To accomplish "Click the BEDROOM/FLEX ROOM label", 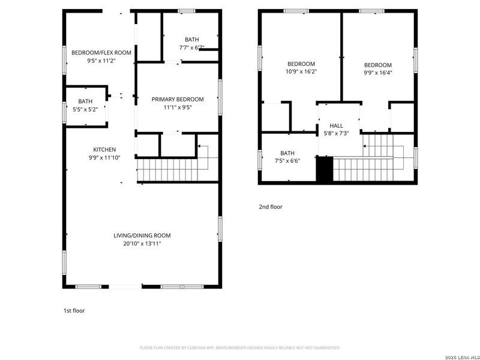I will pos(101,52).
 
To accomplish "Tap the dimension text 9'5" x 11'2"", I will pos(101,60).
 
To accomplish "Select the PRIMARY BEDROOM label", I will pos(177,100).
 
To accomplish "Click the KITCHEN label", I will pos(104,149).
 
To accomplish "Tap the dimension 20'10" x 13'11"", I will pos(142,244).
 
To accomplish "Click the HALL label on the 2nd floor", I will pos(336,125).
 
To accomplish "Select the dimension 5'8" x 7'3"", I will pos(336,133).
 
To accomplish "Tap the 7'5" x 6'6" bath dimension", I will pos(287,161).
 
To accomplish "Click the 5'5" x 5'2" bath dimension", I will pos(85,110).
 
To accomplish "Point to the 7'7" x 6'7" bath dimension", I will pos(192,47).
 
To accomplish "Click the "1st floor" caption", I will pos(74,311).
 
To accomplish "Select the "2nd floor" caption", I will pos(270,207).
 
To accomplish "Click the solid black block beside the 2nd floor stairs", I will pos(324,169).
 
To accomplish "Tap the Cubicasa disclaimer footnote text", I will pos(240,347).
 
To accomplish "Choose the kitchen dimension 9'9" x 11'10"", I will pos(104,158).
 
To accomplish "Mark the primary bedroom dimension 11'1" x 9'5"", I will pos(177,108).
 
